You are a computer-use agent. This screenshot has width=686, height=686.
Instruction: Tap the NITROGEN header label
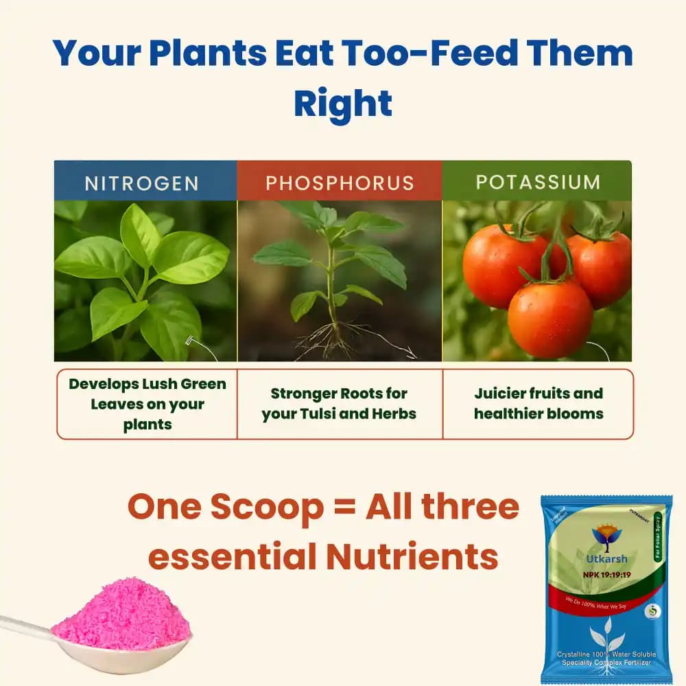pyautogui.click(x=142, y=183)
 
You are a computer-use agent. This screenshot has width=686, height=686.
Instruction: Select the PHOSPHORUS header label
pyautogui.click(x=340, y=183)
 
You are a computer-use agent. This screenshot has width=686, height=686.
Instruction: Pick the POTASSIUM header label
pyautogui.click(x=538, y=182)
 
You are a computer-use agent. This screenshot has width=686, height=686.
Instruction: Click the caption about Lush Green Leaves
pyautogui.click(x=147, y=404)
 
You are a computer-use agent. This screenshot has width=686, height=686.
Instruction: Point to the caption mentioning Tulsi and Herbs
pyautogui.click(x=340, y=404)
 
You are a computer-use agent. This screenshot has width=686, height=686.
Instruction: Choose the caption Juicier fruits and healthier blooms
pyautogui.click(x=539, y=404)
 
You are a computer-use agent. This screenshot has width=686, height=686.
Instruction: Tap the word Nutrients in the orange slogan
pyautogui.click(x=412, y=556)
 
